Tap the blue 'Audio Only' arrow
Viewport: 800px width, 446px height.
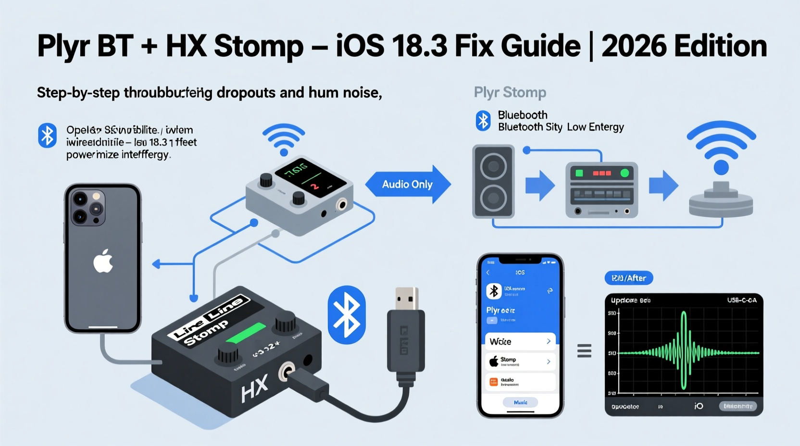coord(408,185)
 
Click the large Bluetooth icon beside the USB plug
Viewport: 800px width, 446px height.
coord(347,315)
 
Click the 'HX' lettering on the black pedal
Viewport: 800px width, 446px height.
coord(254,388)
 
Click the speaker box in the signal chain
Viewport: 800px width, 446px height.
coord(493,182)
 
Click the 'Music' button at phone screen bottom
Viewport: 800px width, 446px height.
coord(520,403)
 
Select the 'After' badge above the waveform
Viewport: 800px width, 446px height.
coord(629,278)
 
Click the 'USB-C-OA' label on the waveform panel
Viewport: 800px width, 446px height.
coord(741,300)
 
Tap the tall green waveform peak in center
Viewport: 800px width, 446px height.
coord(684,351)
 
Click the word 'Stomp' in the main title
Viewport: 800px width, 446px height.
coord(259,47)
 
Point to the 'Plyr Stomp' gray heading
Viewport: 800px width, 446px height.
coord(510,92)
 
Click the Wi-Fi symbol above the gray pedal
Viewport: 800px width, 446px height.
coord(284,138)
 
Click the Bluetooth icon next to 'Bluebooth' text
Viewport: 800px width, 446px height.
coord(483,121)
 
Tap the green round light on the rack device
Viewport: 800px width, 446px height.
coord(625,173)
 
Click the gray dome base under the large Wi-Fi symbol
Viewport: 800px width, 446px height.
coord(721,202)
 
